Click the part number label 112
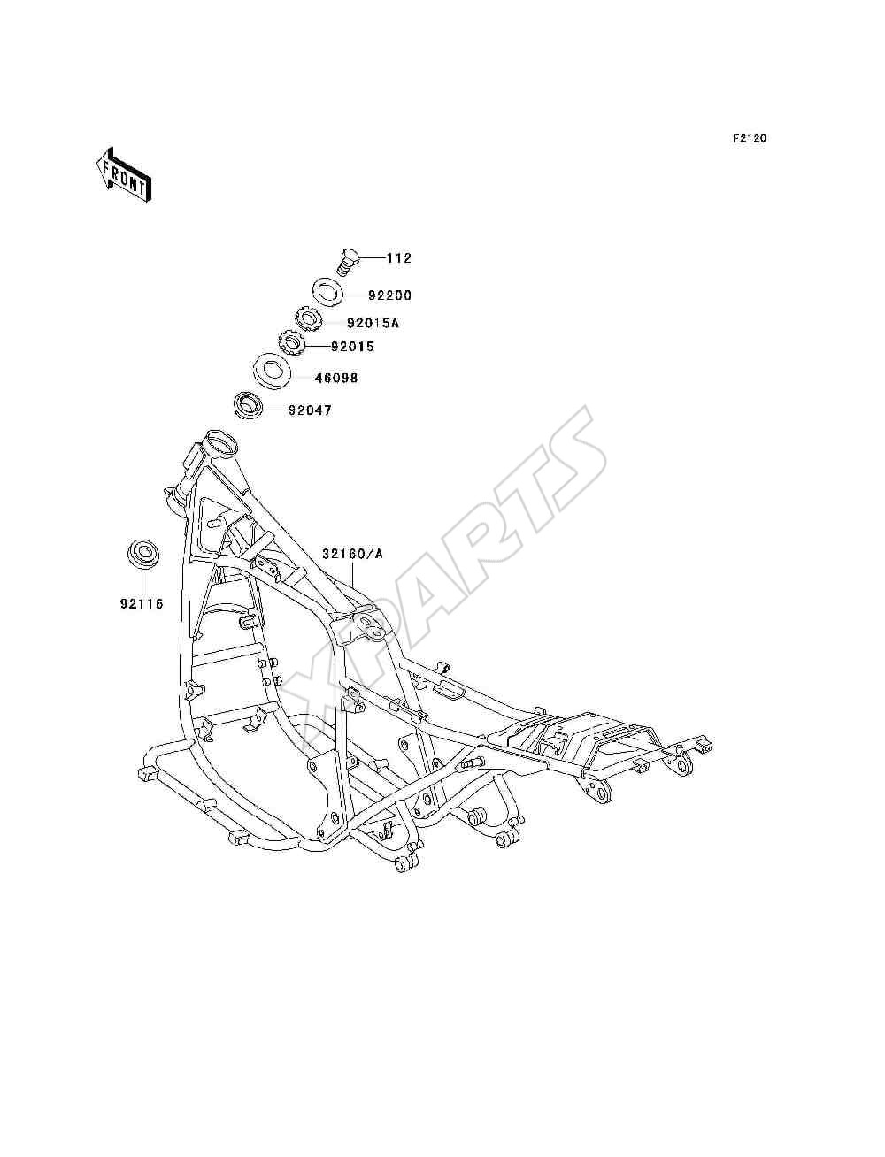click(399, 258)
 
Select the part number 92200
click(389, 295)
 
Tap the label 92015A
click(373, 323)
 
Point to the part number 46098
click(336, 378)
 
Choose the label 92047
click(310, 410)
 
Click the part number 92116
click(142, 604)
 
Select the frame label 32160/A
click(352, 554)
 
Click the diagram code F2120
click(749, 139)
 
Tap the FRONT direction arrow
click(125, 174)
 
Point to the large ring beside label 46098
click(273, 372)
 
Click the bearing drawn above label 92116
click(142, 553)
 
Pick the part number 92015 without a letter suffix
click(352, 347)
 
